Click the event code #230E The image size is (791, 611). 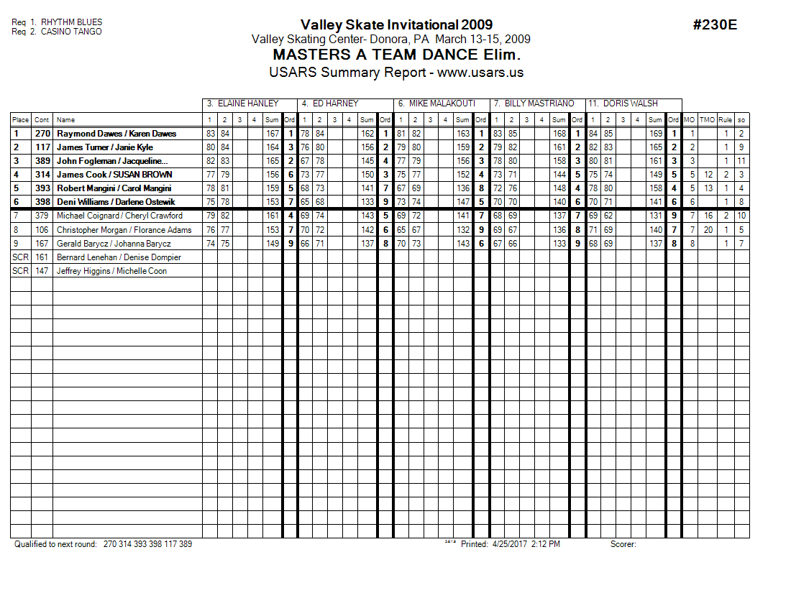[715, 25]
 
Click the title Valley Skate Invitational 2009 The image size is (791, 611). [396, 25]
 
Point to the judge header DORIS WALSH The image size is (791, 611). [631, 104]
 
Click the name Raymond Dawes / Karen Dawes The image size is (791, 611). [116, 134]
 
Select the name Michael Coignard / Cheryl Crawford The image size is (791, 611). [119, 216]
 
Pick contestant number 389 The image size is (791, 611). [42, 161]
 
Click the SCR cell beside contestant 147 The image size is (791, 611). [19, 271]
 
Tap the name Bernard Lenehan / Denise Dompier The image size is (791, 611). [119, 257]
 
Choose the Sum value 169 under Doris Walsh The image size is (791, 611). [655, 134]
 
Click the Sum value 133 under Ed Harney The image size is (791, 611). [367, 202]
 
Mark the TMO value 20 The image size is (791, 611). [708, 230]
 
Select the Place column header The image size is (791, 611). [20, 120]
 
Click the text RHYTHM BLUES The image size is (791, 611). [71, 23]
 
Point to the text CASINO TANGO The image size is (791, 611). [71, 32]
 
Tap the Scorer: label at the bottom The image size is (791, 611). [623, 544]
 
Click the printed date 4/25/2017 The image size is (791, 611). [510, 544]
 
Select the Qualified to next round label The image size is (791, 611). [55, 544]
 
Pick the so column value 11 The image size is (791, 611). [741, 161]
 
